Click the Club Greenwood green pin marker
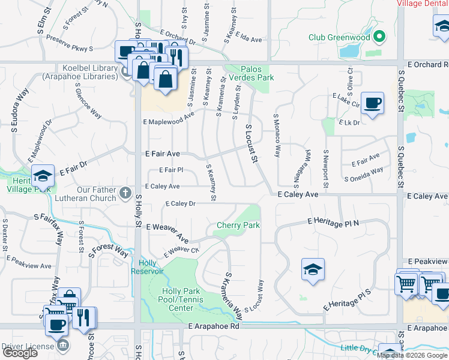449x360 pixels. click(x=379, y=37)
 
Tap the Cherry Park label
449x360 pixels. click(x=238, y=225)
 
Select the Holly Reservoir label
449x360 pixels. click(x=147, y=267)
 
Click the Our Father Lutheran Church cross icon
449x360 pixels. click(x=125, y=193)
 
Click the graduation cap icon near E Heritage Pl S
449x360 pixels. click(x=313, y=269)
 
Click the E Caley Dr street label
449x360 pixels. click(x=179, y=204)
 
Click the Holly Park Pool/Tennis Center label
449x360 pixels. click(x=177, y=299)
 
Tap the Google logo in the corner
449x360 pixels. click(x=20, y=353)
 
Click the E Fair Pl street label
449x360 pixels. click(x=170, y=170)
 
